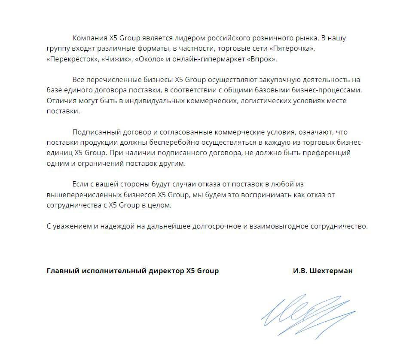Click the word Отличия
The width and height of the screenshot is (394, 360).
[x=61, y=101]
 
